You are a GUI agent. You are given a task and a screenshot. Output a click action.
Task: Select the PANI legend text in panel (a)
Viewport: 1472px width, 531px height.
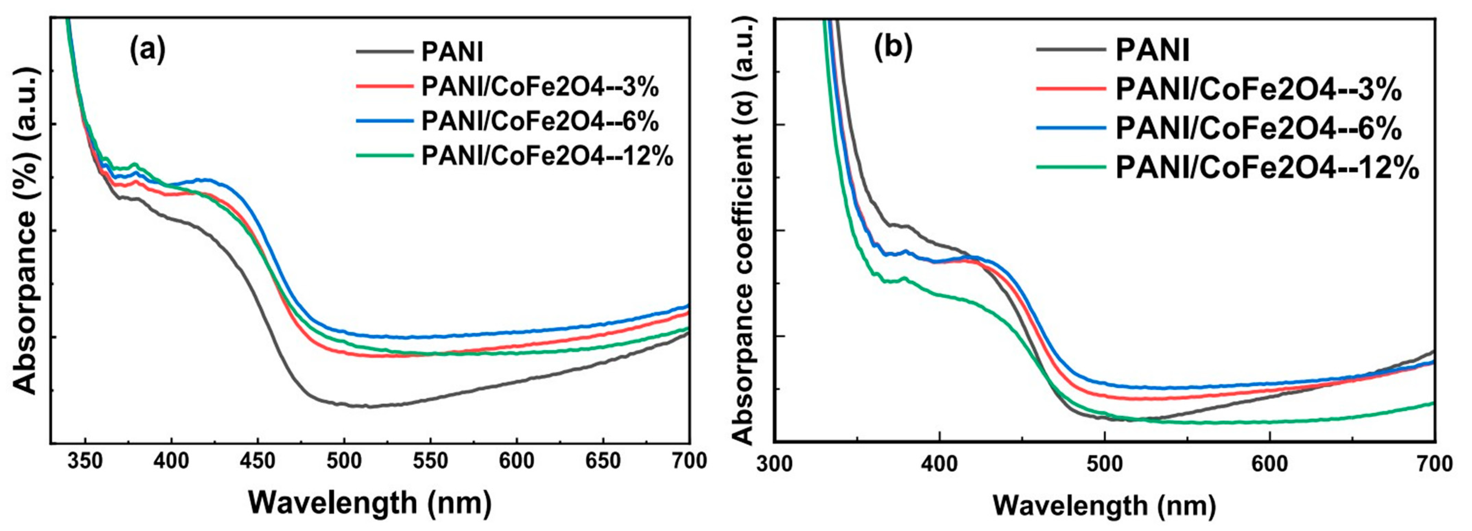click(452, 52)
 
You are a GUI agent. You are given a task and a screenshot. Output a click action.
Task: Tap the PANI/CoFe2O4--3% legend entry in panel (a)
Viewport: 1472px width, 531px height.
click(540, 87)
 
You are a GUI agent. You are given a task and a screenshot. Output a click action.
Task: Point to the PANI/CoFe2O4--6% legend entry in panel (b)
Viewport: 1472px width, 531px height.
click(1258, 129)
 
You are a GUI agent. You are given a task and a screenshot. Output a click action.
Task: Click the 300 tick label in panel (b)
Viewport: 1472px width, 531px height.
click(774, 463)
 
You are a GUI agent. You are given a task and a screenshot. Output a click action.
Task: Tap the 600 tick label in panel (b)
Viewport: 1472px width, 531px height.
click(1270, 463)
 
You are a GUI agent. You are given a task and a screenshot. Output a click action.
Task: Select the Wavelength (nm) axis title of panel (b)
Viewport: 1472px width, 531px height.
click(1104, 505)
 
